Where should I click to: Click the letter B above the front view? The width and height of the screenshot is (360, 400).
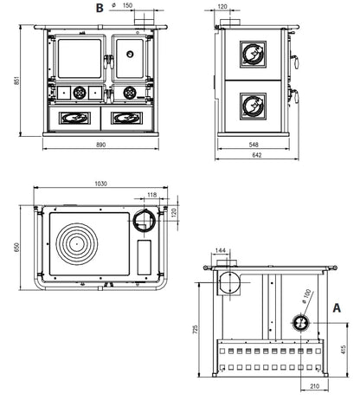pyautogui.click(x=100, y=8)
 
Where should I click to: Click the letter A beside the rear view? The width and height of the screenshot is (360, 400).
pyautogui.click(x=337, y=308)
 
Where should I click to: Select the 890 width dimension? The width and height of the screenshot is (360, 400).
pyautogui.click(x=100, y=145)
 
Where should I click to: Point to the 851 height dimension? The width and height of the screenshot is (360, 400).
pyautogui.click(x=16, y=81)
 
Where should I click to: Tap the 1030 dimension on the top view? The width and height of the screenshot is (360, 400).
pyautogui.click(x=100, y=184)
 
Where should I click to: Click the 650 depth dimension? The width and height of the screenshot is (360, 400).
pyautogui.click(x=16, y=247)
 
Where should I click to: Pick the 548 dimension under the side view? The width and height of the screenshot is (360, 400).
pyautogui.click(x=254, y=145)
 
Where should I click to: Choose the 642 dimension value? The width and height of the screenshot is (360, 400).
pyautogui.click(x=257, y=155)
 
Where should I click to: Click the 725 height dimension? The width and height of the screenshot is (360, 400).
pyautogui.click(x=196, y=329)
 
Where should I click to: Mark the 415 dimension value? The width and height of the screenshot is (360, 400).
pyautogui.click(x=343, y=350)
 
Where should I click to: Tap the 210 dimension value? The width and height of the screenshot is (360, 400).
pyautogui.click(x=314, y=386)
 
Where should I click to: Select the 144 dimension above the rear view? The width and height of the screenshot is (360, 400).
pyautogui.click(x=221, y=251)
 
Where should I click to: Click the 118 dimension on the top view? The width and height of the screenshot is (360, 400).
pyautogui.click(x=152, y=195)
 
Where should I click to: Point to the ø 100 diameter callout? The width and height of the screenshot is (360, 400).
pyautogui.click(x=306, y=296)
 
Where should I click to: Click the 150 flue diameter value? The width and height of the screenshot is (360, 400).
pyautogui.click(x=127, y=5)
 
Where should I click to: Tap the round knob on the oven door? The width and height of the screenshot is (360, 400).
pyautogui.click(x=130, y=54)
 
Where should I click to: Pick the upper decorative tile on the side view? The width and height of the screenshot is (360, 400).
pyautogui.click(x=253, y=55)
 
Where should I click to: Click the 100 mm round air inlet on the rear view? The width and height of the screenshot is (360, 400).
pyautogui.click(x=301, y=323)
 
